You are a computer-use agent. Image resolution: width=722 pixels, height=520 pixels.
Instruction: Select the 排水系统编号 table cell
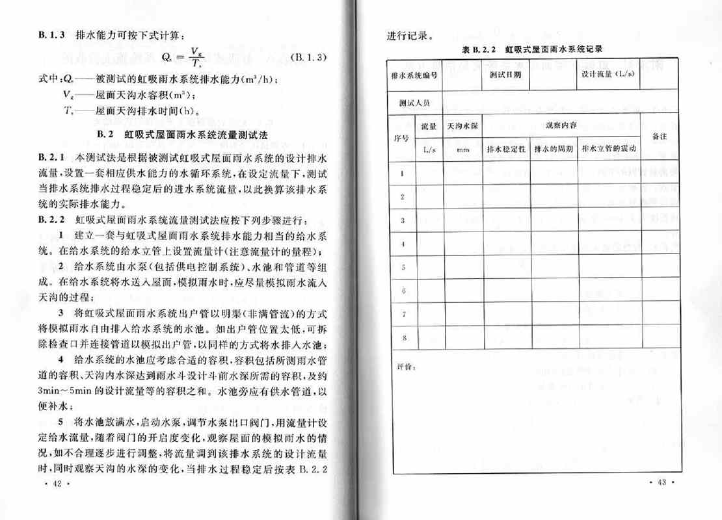414,75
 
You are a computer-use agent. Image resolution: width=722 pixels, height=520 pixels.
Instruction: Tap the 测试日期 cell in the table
505,75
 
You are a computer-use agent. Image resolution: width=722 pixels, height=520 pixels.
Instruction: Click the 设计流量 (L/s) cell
609,75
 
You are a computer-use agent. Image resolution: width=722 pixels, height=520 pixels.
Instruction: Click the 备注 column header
658,137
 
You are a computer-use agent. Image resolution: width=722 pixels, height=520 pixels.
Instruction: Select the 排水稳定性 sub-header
505,149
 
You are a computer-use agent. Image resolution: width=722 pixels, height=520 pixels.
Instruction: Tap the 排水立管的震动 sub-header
609,149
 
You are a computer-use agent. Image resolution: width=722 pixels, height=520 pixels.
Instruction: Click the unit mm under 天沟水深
462,149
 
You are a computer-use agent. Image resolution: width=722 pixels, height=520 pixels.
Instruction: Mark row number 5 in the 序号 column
403,267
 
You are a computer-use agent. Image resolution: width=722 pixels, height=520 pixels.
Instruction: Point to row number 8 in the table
403,337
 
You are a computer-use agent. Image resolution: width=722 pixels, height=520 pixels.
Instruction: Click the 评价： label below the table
405,368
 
